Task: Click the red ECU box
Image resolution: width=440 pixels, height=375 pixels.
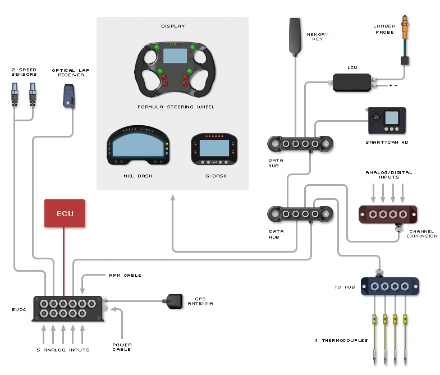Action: (65, 213)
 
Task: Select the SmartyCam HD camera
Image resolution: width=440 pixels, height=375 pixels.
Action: (386, 121)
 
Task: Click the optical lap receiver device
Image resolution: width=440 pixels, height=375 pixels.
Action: (69, 95)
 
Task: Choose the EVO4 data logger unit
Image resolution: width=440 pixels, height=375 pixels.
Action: (68, 309)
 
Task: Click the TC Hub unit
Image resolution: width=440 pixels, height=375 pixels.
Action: (390, 286)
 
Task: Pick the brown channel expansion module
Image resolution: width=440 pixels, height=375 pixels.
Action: (388, 214)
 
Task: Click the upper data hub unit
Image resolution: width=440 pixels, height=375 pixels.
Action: (301, 144)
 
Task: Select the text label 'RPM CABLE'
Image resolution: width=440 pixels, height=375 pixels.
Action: (125, 275)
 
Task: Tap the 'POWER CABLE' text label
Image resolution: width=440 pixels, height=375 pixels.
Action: (121, 347)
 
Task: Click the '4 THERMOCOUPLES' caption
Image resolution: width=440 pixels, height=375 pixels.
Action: (341, 340)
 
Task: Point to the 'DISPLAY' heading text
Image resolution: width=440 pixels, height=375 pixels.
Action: (173, 26)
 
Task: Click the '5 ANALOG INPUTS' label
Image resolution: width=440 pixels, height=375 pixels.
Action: (62, 350)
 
